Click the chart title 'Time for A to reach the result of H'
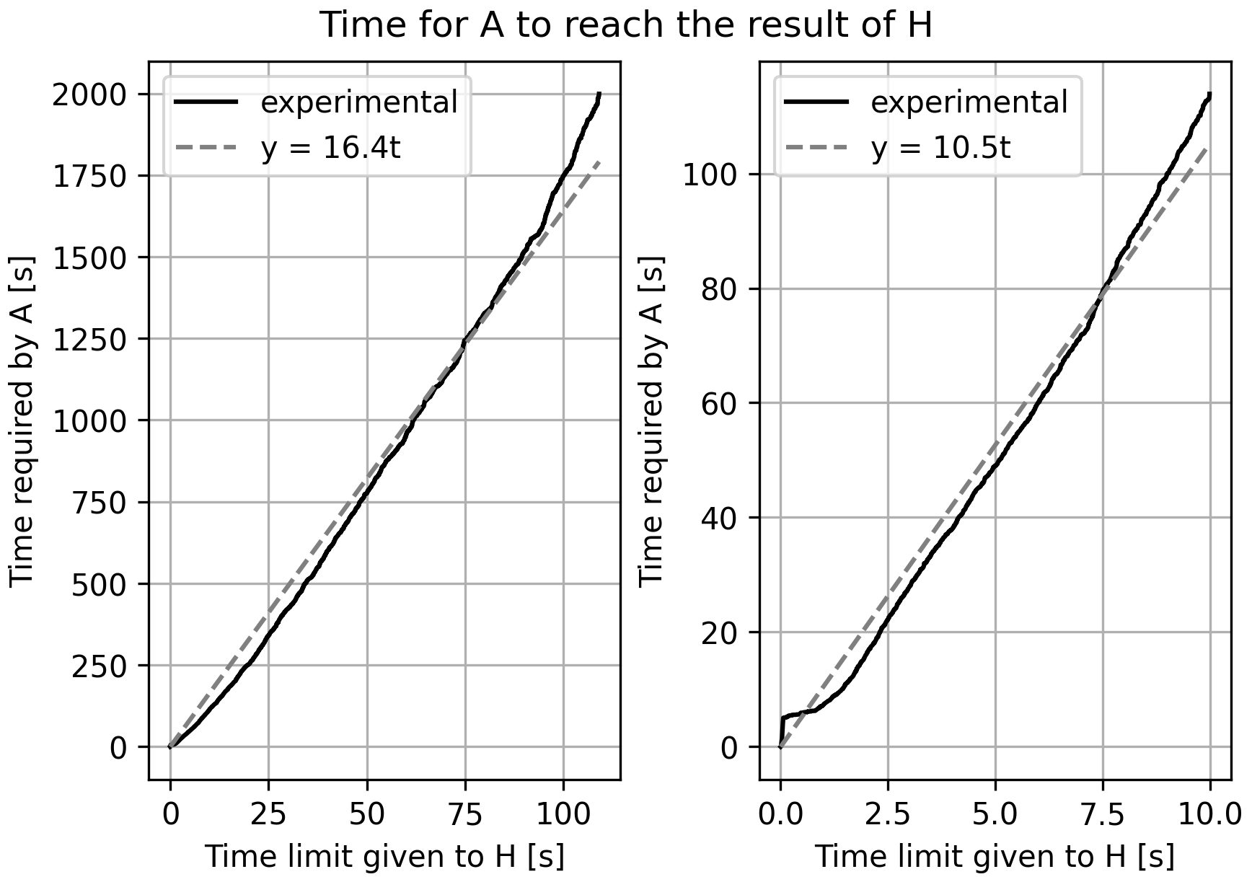[625, 25]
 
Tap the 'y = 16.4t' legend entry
[330, 149]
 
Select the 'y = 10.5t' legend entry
[940, 149]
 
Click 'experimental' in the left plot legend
[359, 102]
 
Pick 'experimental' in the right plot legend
[969, 102]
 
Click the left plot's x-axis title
[384, 857]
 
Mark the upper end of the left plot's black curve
[599, 94]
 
